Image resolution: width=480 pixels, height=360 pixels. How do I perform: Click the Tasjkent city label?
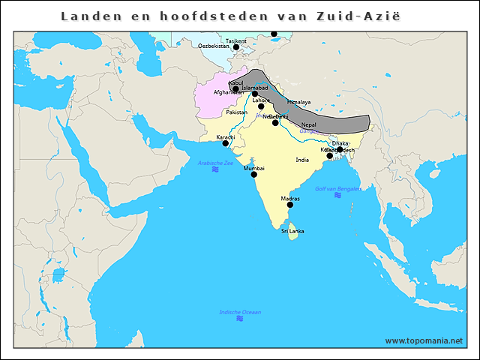(235, 40)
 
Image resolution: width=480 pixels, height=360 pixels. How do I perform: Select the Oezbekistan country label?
(214, 46)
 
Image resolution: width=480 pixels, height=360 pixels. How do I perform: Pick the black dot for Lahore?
(261, 106)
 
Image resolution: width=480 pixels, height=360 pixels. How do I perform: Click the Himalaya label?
(298, 101)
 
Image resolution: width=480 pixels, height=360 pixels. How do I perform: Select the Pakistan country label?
(237, 112)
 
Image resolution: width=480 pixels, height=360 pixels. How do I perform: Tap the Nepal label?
(308, 124)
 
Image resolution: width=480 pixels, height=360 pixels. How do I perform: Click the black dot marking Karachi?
(226, 143)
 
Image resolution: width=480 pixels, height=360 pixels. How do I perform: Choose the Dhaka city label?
(340, 142)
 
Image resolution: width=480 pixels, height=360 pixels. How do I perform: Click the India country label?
(302, 160)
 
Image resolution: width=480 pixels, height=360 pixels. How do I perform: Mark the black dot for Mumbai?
(254, 175)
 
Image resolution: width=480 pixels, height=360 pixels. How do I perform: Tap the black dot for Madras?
(290, 205)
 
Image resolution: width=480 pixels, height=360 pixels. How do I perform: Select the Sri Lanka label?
(292, 231)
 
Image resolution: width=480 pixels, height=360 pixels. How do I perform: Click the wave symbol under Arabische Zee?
(215, 170)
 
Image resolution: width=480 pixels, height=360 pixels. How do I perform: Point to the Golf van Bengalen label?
(337, 188)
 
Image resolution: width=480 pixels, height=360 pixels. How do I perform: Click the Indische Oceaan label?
(240, 312)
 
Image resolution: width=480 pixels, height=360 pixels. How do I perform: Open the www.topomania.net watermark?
(424, 340)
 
